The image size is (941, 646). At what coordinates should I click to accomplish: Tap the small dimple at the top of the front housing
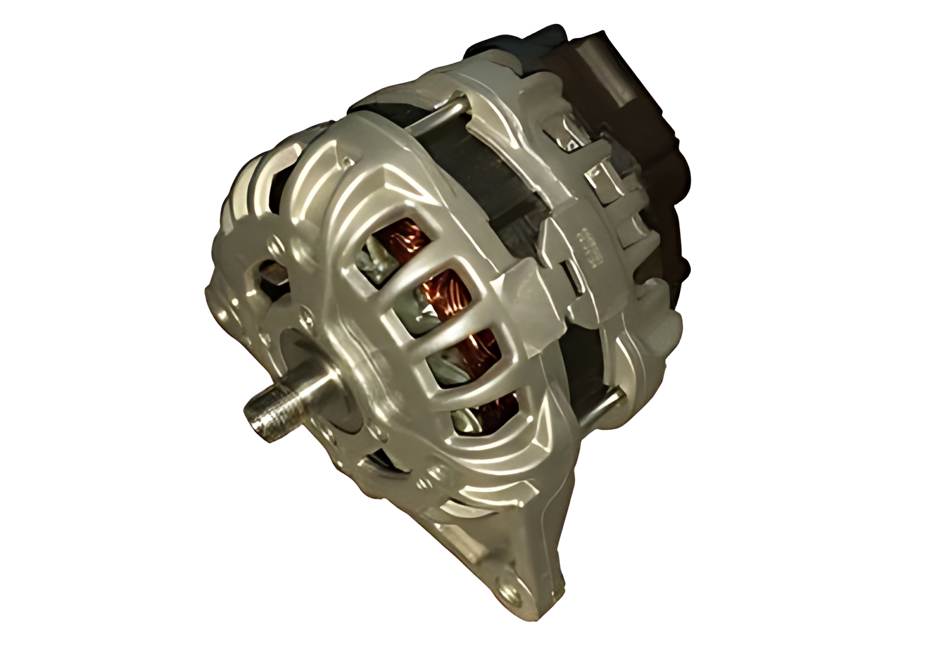coord(347,160)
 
